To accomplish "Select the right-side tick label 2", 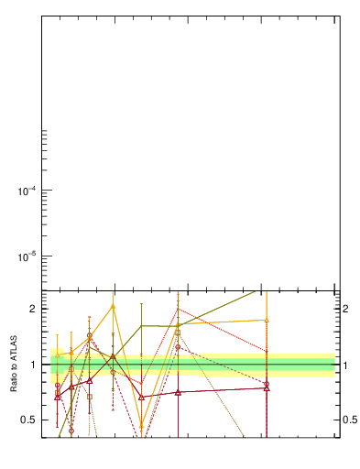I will pyautogui.click(x=345, y=309).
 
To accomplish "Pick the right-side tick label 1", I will pyautogui.click(x=345, y=365).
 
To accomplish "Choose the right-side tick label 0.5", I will pyautogui.click(x=349, y=420).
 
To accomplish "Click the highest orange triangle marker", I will pyautogui.click(x=113, y=306).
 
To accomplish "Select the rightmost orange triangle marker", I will pyautogui.click(x=267, y=321).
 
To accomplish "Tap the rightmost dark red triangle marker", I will pyautogui.click(x=267, y=387).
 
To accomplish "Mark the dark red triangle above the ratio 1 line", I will pyautogui.click(x=113, y=355).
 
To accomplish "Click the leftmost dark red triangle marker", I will pyautogui.click(x=58, y=397).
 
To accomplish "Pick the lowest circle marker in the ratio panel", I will pyautogui.click(x=71, y=430).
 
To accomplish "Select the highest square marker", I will pyautogui.click(x=178, y=332).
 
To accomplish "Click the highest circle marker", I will pyautogui.click(x=90, y=336).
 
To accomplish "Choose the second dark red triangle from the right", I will pyautogui.click(x=178, y=392).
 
